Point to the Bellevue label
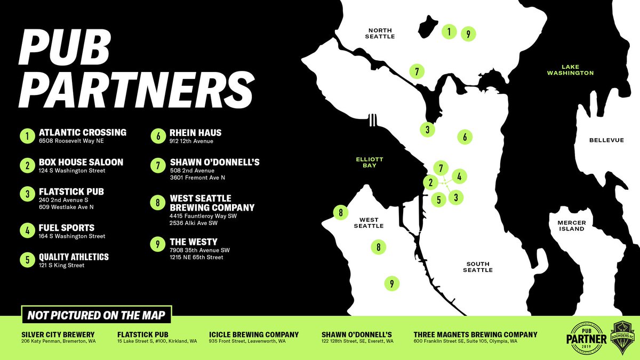tap(606, 140)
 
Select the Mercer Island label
tap(571, 225)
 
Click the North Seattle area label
tap(380, 33)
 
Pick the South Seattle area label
tap(478, 267)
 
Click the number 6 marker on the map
tap(465, 137)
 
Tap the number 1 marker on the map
tap(450, 32)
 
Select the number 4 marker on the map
tap(460, 175)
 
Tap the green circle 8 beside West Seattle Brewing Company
tap(158, 203)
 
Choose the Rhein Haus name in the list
tap(196, 133)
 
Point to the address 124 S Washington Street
tap(72, 171)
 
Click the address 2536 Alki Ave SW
tap(193, 223)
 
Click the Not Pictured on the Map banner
tap(96, 315)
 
